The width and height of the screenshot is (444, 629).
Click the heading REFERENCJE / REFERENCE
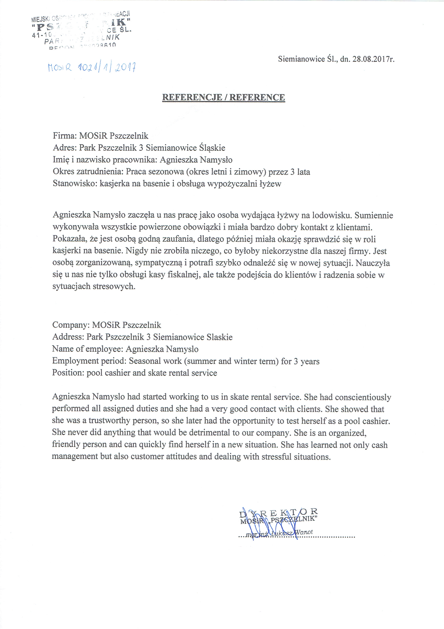[x=223, y=97]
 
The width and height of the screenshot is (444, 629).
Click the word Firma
[x=64, y=136]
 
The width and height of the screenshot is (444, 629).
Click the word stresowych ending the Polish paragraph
[x=114, y=286]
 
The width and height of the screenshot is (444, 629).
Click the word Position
[x=68, y=373]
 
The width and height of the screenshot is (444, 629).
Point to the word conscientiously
[x=363, y=397]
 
